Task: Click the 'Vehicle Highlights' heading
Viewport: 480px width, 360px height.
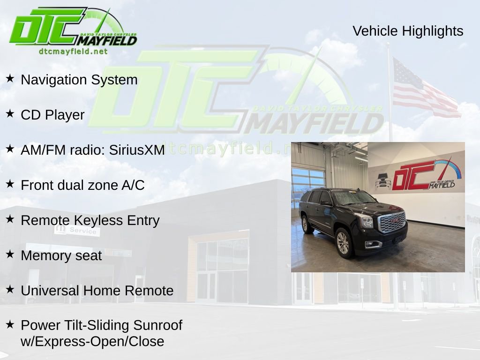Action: click(x=408, y=31)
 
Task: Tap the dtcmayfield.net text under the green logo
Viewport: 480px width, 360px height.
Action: click(x=73, y=51)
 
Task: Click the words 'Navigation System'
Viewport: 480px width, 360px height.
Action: click(x=79, y=80)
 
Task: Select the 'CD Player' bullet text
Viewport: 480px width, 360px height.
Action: click(x=52, y=115)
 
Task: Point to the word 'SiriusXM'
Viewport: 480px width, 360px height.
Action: click(x=137, y=150)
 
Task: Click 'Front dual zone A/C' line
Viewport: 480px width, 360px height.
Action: click(x=82, y=185)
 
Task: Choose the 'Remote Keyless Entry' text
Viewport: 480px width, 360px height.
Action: click(x=90, y=220)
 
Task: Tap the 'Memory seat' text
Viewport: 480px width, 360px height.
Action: click(x=61, y=255)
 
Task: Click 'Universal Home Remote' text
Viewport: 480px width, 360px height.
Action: click(x=97, y=291)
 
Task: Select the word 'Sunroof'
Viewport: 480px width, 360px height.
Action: click(x=157, y=325)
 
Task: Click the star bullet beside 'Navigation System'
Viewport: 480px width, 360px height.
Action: click(x=10, y=78)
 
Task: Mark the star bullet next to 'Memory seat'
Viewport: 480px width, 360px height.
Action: click(x=10, y=254)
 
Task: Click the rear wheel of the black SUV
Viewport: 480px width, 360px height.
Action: click(x=307, y=225)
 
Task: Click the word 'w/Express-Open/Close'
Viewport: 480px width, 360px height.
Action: click(x=92, y=341)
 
